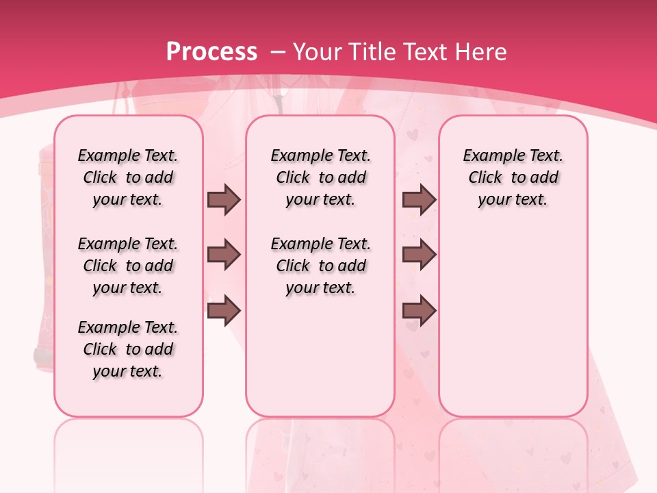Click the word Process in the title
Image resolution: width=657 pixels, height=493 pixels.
point(211,51)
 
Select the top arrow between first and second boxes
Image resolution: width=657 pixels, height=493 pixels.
point(224,200)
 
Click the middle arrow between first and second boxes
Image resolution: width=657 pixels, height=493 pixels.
point(224,255)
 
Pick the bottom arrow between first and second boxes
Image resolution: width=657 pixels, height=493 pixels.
point(224,310)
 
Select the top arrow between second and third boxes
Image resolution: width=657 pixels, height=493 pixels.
point(420,200)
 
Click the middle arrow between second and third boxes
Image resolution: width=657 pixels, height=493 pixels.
point(420,255)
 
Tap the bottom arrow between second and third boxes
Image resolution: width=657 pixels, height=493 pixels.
point(420,310)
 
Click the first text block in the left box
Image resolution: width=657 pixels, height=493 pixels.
point(128,177)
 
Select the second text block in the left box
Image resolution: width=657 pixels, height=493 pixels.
point(128,266)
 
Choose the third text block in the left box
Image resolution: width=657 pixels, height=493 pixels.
point(128,349)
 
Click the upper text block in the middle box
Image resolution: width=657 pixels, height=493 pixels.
point(320,177)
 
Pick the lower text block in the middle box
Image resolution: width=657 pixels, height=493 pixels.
point(320,266)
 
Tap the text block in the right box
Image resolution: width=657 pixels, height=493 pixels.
point(513,177)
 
